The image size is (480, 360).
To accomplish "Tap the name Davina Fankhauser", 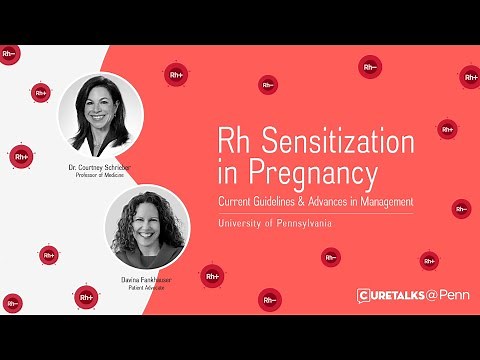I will [146, 280].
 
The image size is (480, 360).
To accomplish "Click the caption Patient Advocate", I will [146, 289].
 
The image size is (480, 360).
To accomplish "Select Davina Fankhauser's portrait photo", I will [146, 232].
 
